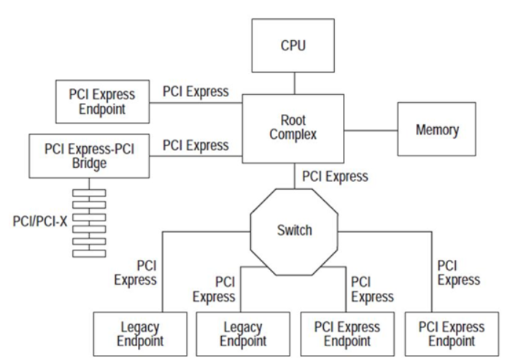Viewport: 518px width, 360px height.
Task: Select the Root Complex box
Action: click(x=293, y=128)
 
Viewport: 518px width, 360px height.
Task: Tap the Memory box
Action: click(x=437, y=130)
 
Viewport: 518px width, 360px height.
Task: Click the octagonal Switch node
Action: click(x=295, y=231)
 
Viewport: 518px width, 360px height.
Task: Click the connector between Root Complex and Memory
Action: click(x=370, y=129)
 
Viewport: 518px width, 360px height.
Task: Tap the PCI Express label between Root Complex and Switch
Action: click(x=336, y=177)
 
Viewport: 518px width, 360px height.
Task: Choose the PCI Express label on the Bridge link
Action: click(x=195, y=145)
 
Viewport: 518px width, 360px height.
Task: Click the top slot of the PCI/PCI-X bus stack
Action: click(x=88, y=193)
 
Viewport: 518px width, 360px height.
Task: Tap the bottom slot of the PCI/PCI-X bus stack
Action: click(x=88, y=253)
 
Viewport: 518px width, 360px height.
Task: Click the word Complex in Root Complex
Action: click(x=292, y=136)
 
